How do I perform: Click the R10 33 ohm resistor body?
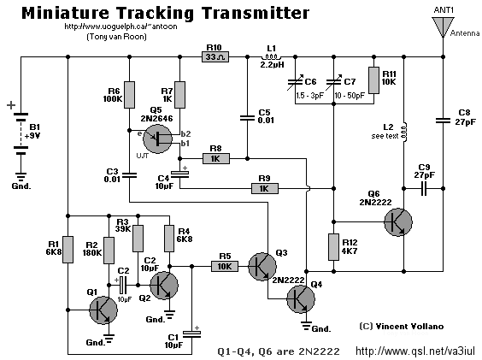[x=215, y=57]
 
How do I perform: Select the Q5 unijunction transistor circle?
[x=158, y=139]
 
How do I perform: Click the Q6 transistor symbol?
[x=398, y=222]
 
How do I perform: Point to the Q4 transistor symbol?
[x=301, y=299]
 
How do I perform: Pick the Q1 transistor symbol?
[x=103, y=310]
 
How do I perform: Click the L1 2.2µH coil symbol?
[x=272, y=56]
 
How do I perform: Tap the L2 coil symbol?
[x=404, y=133]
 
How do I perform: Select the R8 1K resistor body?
[x=216, y=159]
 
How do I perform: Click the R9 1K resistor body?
[x=265, y=188]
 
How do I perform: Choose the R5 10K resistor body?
[x=225, y=266]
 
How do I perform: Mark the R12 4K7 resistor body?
[x=334, y=247]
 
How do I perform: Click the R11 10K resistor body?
[x=373, y=80]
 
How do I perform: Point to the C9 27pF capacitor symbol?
[x=424, y=188]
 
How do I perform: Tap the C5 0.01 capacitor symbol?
[x=247, y=118]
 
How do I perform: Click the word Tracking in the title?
[x=156, y=14]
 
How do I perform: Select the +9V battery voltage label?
[x=32, y=136]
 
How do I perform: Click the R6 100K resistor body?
[x=129, y=95]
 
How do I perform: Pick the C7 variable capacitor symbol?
[x=333, y=81]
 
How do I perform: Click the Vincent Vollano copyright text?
[x=402, y=326]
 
